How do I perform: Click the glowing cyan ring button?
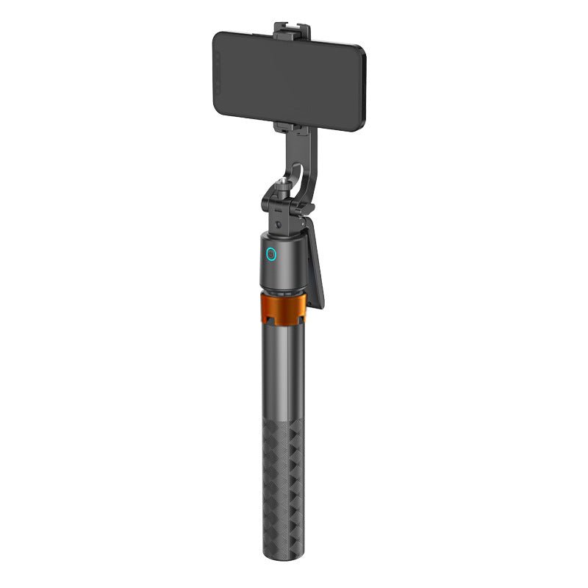click(270, 255)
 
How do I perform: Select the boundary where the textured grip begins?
click(282, 423)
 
